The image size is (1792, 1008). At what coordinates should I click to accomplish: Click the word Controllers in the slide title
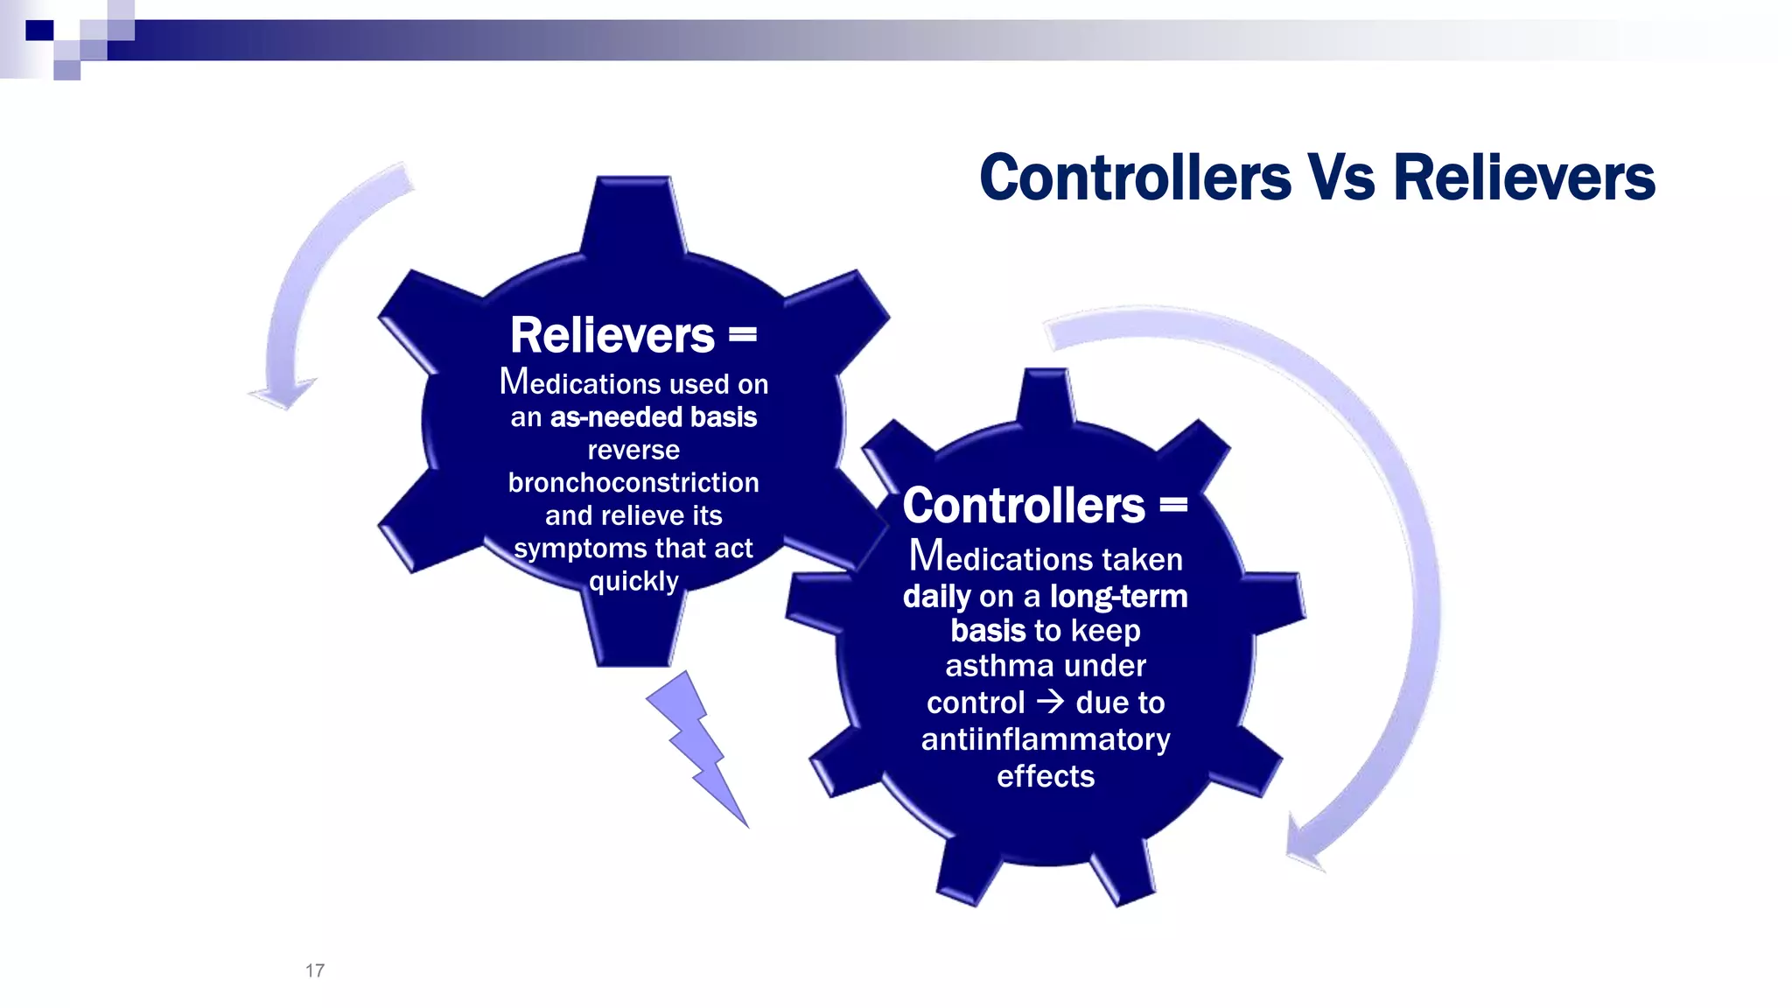[x=1135, y=178]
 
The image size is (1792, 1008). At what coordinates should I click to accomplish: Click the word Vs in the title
[x=1340, y=178]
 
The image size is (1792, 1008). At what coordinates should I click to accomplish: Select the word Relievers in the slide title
[x=1523, y=178]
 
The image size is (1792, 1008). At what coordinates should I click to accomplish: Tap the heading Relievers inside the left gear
[x=612, y=335]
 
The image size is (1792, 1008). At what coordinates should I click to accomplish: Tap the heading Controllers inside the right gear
[x=1024, y=506]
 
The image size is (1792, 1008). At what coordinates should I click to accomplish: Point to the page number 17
[x=315, y=970]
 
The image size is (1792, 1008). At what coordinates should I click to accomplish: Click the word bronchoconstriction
[x=633, y=482]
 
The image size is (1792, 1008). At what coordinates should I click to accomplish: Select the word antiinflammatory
[x=1046, y=739]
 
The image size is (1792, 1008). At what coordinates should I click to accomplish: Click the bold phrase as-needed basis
[x=653, y=417]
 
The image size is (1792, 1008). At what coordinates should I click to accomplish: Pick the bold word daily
[x=936, y=597]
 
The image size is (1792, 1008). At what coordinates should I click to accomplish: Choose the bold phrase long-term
[x=1119, y=597]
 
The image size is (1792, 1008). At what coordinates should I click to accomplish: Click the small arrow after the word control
[x=1050, y=702]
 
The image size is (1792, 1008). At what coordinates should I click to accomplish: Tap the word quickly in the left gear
[x=633, y=581]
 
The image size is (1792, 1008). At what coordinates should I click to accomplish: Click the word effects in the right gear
[x=1046, y=776]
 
